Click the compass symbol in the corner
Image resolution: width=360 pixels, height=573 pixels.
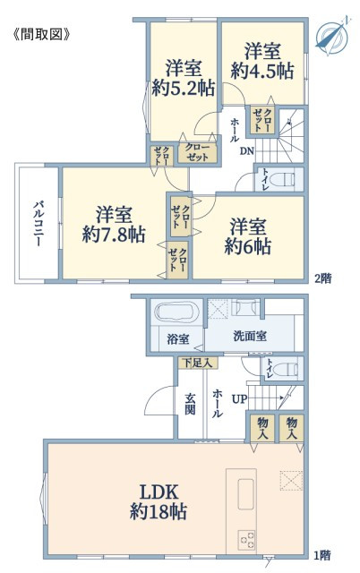pyautogui.click(x=332, y=36)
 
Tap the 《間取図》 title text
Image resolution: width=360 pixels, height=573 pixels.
pyautogui.click(x=41, y=34)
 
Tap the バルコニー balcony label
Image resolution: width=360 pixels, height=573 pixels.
pyautogui.click(x=38, y=223)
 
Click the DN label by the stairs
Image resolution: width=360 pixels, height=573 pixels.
pyautogui.click(x=246, y=151)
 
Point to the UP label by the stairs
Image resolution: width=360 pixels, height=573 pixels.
pyautogui.click(x=239, y=399)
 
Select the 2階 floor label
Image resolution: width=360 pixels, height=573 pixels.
pyautogui.click(x=323, y=278)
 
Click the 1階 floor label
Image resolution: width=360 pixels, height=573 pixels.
pyautogui.click(x=322, y=556)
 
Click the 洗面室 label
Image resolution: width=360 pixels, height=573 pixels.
pyautogui.click(x=250, y=337)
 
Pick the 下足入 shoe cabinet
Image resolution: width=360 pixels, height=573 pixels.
pyautogui.click(x=198, y=363)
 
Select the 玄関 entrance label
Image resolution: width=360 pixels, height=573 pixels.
pyautogui.click(x=190, y=404)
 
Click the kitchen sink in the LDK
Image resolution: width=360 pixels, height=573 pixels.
pyautogui.click(x=246, y=493)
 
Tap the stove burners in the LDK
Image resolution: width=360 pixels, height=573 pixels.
pyautogui.click(x=246, y=539)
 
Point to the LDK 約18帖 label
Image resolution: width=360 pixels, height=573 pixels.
pyautogui.click(x=159, y=501)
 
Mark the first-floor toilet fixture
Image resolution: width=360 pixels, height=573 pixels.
pyautogui.click(x=286, y=369)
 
